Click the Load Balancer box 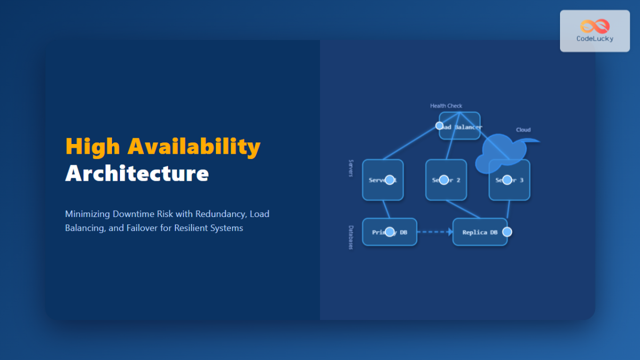(460, 126)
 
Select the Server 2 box (446, 180)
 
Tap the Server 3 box (509, 180)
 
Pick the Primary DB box (389, 232)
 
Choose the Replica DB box (479, 232)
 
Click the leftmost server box (382, 180)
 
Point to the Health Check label (446, 106)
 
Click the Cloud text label (523, 130)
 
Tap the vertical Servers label (351, 168)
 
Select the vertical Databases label (351, 237)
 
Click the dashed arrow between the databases (434, 232)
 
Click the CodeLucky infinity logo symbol (594, 26)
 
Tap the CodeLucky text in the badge (595, 38)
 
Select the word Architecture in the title (137, 173)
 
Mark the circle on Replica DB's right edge (507, 232)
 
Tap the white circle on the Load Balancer (439, 126)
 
